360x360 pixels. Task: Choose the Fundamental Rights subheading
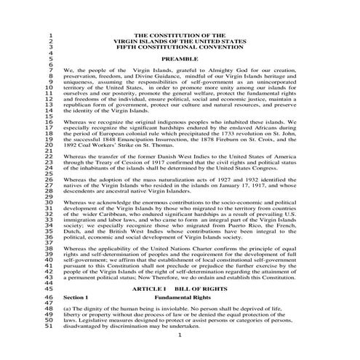click(x=183, y=298)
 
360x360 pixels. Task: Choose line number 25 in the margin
click(x=49, y=172)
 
